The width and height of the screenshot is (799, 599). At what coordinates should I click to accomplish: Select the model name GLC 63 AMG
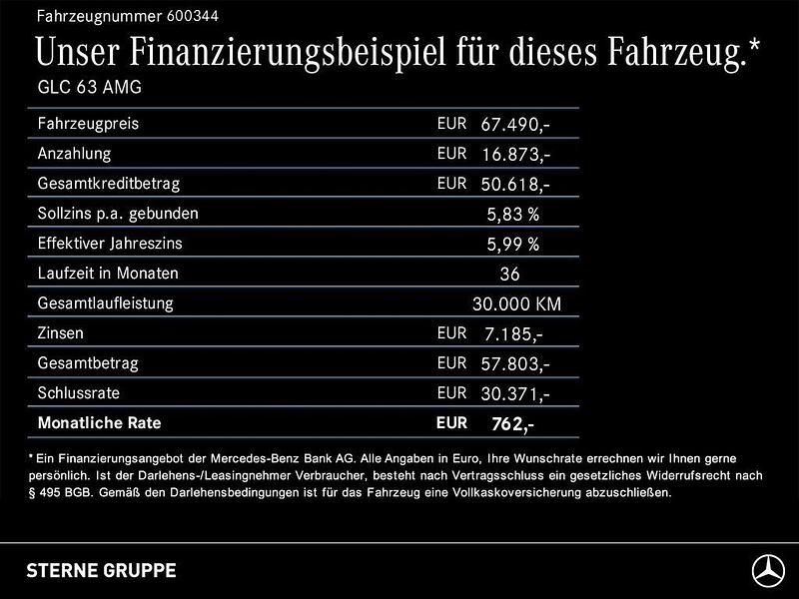click(89, 87)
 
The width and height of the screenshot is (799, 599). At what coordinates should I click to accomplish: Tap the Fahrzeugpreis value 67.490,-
click(515, 125)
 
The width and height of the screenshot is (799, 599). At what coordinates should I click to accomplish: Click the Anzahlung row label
click(74, 155)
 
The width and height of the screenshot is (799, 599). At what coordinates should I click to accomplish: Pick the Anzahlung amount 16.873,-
click(515, 155)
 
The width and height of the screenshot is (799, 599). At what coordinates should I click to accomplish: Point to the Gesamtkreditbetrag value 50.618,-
click(515, 185)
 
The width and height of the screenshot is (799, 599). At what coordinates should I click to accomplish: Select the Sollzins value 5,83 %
click(513, 215)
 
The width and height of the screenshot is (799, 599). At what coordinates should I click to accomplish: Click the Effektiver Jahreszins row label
click(110, 244)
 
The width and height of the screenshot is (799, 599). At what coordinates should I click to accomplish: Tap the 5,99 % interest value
click(513, 245)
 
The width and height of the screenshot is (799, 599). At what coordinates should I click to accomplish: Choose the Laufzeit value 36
click(509, 275)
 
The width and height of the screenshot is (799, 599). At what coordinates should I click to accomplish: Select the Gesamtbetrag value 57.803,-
click(515, 364)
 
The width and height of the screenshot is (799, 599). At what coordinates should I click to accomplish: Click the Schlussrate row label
click(78, 393)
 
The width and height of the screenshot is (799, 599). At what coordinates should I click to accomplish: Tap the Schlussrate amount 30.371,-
click(515, 394)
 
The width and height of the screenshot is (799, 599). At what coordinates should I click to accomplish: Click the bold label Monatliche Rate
click(99, 423)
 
